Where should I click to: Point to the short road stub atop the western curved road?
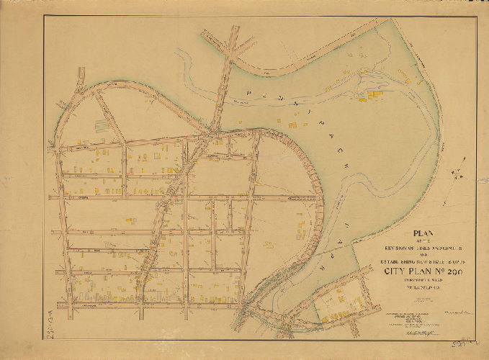(x=81, y=76)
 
